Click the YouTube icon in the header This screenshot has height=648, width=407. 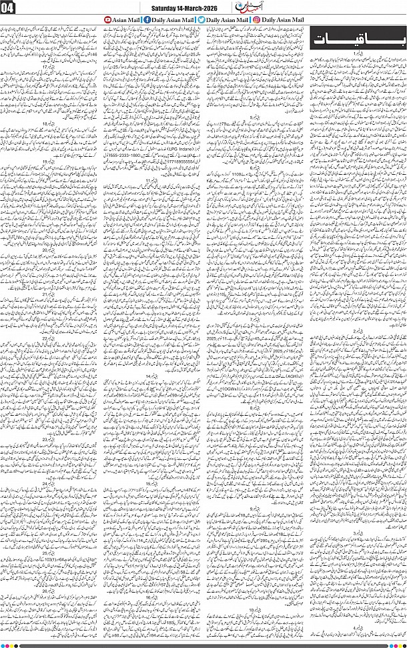tap(108, 21)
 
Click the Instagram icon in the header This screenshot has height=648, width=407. tap(257, 21)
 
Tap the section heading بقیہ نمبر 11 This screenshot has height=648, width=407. tap(153, 180)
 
